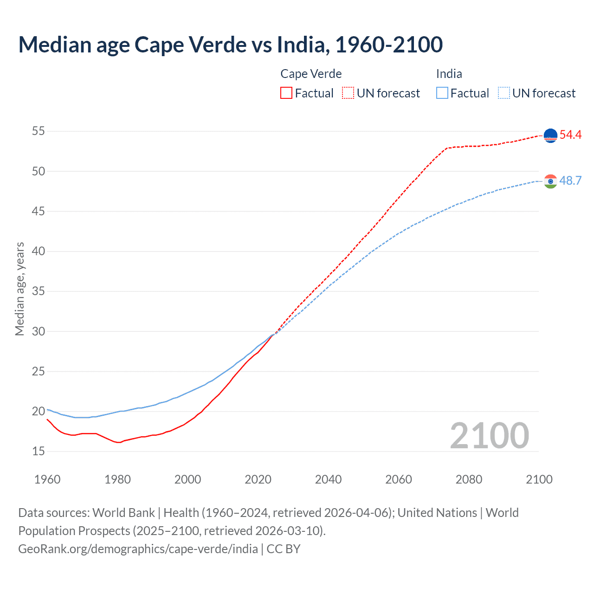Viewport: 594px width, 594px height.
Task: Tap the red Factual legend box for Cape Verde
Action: [286, 93]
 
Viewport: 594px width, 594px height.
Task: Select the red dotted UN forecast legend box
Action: [348, 93]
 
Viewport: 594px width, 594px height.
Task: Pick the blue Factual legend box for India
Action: [442, 93]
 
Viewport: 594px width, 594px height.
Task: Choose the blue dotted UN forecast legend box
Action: [504, 93]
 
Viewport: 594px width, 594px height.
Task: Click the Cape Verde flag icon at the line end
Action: [550, 136]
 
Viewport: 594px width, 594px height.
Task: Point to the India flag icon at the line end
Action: [550, 181]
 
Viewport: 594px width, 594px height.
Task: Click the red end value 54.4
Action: [570, 135]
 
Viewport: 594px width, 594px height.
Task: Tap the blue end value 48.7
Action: [570, 181]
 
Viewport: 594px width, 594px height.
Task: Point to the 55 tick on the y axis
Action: [39, 131]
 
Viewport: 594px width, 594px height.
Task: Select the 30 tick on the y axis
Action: [39, 331]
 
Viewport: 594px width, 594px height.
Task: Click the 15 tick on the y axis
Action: [39, 451]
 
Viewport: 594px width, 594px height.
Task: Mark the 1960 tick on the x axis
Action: [47, 479]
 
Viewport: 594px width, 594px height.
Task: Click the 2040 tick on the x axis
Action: [328, 479]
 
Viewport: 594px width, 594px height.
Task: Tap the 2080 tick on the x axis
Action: [469, 479]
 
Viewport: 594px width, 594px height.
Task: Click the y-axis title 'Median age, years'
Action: [19, 289]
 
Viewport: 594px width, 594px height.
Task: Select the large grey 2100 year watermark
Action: [489, 436]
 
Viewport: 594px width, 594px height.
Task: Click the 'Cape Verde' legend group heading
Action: [311, 74]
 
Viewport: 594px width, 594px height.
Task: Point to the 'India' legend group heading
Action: [449, 74]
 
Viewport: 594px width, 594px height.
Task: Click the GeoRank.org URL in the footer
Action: [138, 549]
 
